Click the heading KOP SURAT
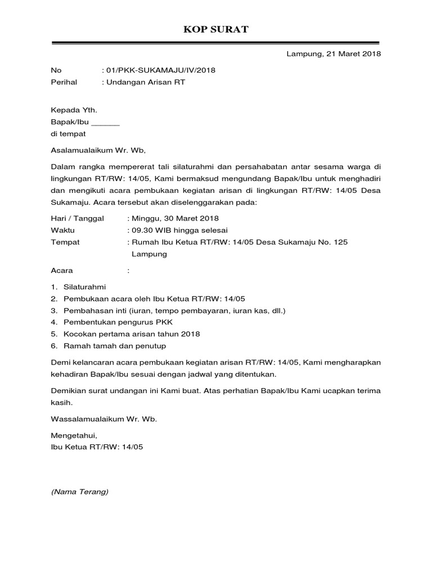216,29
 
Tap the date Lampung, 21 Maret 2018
334,54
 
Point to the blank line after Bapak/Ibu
105,122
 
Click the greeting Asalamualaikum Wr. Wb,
98,150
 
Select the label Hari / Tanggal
78,218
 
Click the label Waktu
63,230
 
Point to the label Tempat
65,242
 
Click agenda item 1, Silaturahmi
84,287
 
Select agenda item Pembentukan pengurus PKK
118,322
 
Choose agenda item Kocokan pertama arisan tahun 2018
132,334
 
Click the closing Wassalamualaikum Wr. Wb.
104,419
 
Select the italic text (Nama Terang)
79,492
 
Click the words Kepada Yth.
70,110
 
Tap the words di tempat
68,134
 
